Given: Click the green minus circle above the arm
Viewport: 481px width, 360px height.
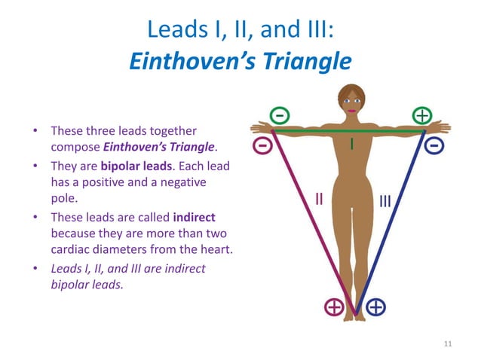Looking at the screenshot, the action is point(280,116).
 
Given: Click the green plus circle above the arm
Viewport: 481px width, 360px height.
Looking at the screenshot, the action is point(422,116).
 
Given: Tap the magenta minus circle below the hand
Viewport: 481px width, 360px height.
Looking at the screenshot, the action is point(262,145).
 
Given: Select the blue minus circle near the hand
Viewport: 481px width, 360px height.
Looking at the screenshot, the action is point(434,145).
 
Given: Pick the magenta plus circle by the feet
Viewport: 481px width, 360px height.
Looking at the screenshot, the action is point(335,307).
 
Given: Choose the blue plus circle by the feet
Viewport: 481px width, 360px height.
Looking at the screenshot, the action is point(375,307).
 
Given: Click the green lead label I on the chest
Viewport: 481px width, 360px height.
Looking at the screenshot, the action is point(352,144).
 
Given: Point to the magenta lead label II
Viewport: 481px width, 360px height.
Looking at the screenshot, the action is point(319,199).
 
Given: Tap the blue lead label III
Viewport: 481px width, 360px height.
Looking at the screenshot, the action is point(385,201).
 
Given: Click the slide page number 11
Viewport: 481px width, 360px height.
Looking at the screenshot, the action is point(448,343).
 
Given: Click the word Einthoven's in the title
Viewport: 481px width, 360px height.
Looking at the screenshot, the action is point(192,61).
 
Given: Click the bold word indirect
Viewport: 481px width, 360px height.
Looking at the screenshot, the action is point(195,217).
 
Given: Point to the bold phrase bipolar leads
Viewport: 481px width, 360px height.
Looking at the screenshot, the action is point(136,166).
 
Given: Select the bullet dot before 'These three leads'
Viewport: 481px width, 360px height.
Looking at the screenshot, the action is point(35,131).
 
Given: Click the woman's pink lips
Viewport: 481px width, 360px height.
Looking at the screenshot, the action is point(351,111).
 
